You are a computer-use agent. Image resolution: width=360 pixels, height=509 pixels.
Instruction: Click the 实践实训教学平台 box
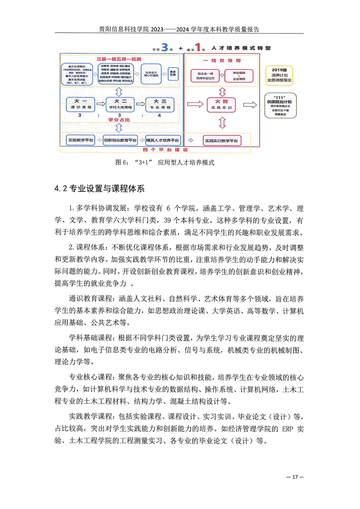click(221, 141)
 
